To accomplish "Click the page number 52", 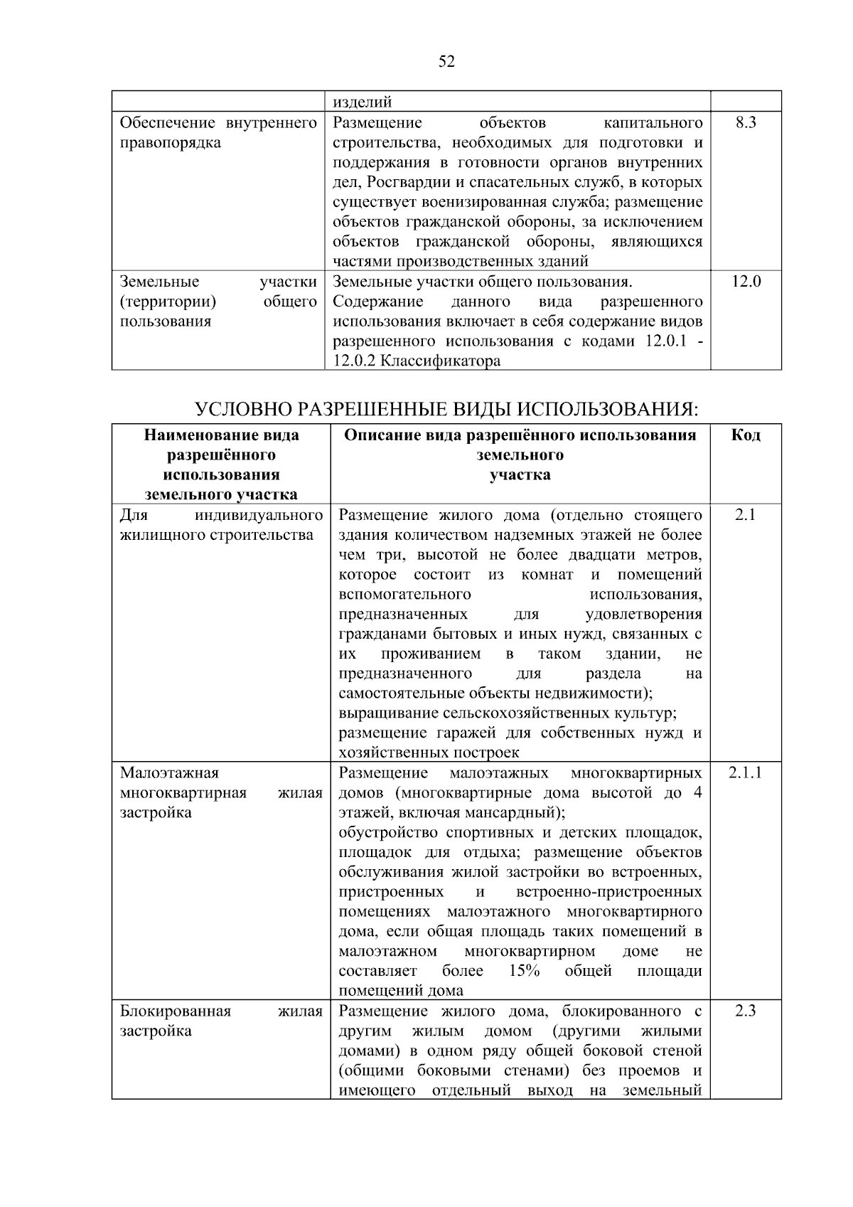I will click(446, 62).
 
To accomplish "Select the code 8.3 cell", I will click(746, 123).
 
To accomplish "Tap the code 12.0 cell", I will click(746, 282).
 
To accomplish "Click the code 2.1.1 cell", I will click(745, 773).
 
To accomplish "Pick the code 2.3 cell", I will click(745, 1011).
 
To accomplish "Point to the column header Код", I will click(746, 435).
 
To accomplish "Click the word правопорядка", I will click(171, 143).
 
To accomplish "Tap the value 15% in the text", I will click(525, 971).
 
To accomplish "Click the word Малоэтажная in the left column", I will click(169, 773).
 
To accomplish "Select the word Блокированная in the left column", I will click(175, 1011).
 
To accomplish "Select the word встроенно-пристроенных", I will click(609, 892).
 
